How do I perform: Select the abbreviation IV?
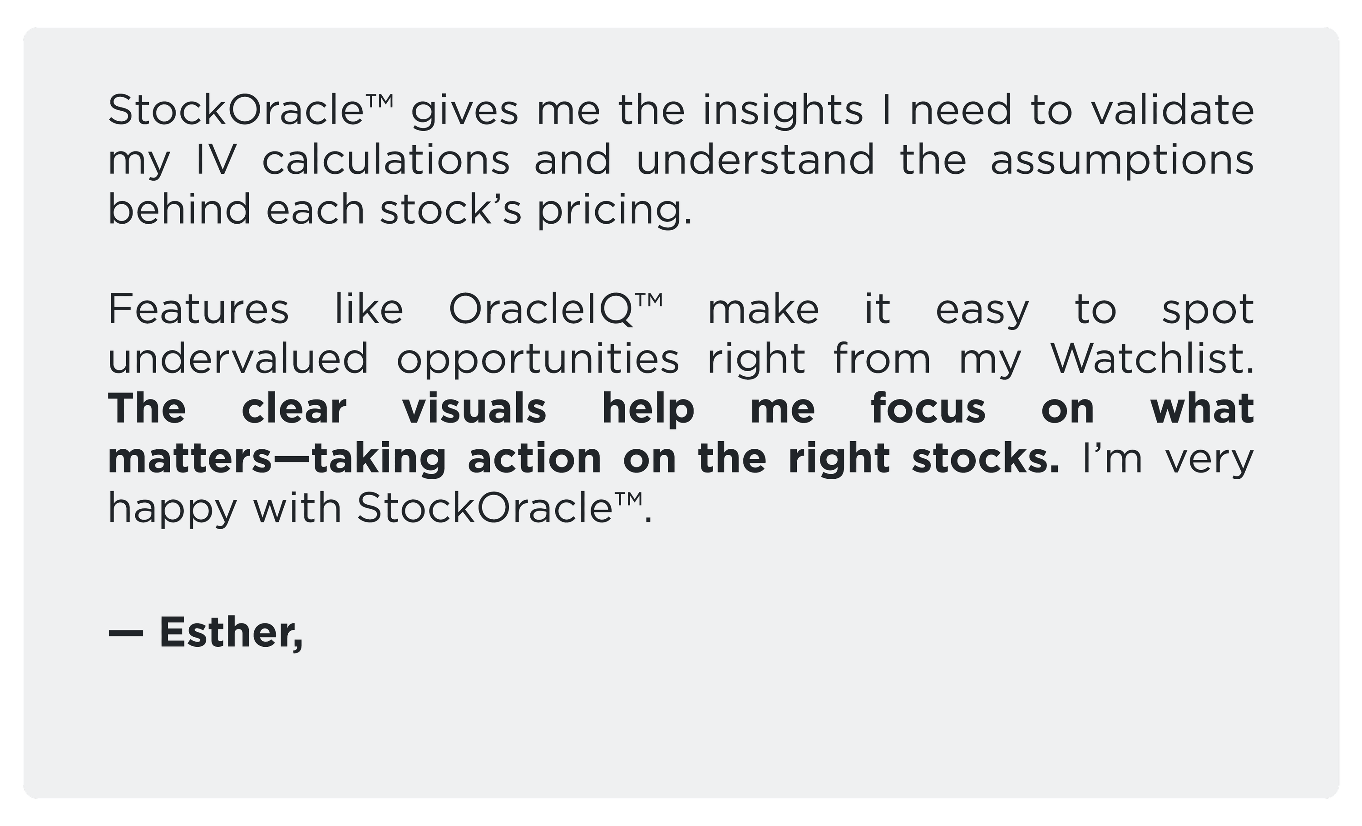pyautogui.click(x=216, y=160)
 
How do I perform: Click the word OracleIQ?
pyautogui.click(x=541, y=310)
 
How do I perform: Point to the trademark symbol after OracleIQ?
pyautogui.click(x=648, y=300)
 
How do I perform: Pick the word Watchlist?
pyautogui.click(x=1152, y=359)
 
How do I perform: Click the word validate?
pyautogui.click(x=1172, y=109)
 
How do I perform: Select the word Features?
pyautogui.click(x=198, y=309)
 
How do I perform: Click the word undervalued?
pyautogui.click(x=238, y=359)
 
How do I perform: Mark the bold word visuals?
pyautogui.click(x=474, y=408)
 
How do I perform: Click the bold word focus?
pyautogui.click(x=928, y=408)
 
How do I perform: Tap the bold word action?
pyautogui.click(x=534, y=458)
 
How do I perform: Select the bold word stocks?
pyautogui.click(x=986, y=458)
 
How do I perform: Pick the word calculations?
pyautogui.click(x=386, y=160)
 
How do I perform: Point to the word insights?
pyautogui.click(x=783, y=110)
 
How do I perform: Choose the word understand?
pyautogui.click(x=755, y=160)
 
